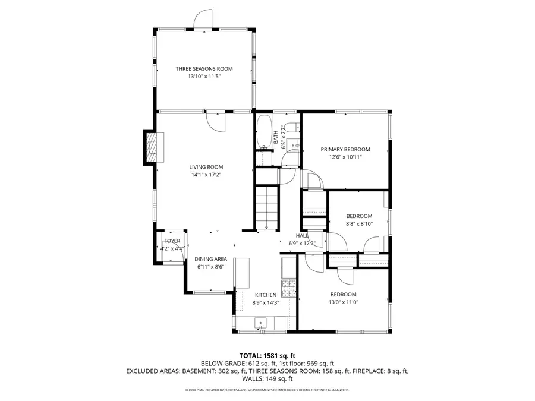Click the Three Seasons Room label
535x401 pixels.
[204, 69]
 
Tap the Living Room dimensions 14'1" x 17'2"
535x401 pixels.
[206, 175]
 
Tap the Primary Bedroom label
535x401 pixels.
[345, 149]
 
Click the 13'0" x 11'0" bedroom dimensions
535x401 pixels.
[343, 302]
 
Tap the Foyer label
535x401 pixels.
[172, 241]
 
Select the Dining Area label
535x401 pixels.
[211, 259]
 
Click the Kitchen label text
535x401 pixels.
[266, 295]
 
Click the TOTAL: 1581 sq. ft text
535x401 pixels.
[267, 355]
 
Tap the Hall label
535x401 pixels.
[302, 236]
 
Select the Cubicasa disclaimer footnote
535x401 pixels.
[267, 390]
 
